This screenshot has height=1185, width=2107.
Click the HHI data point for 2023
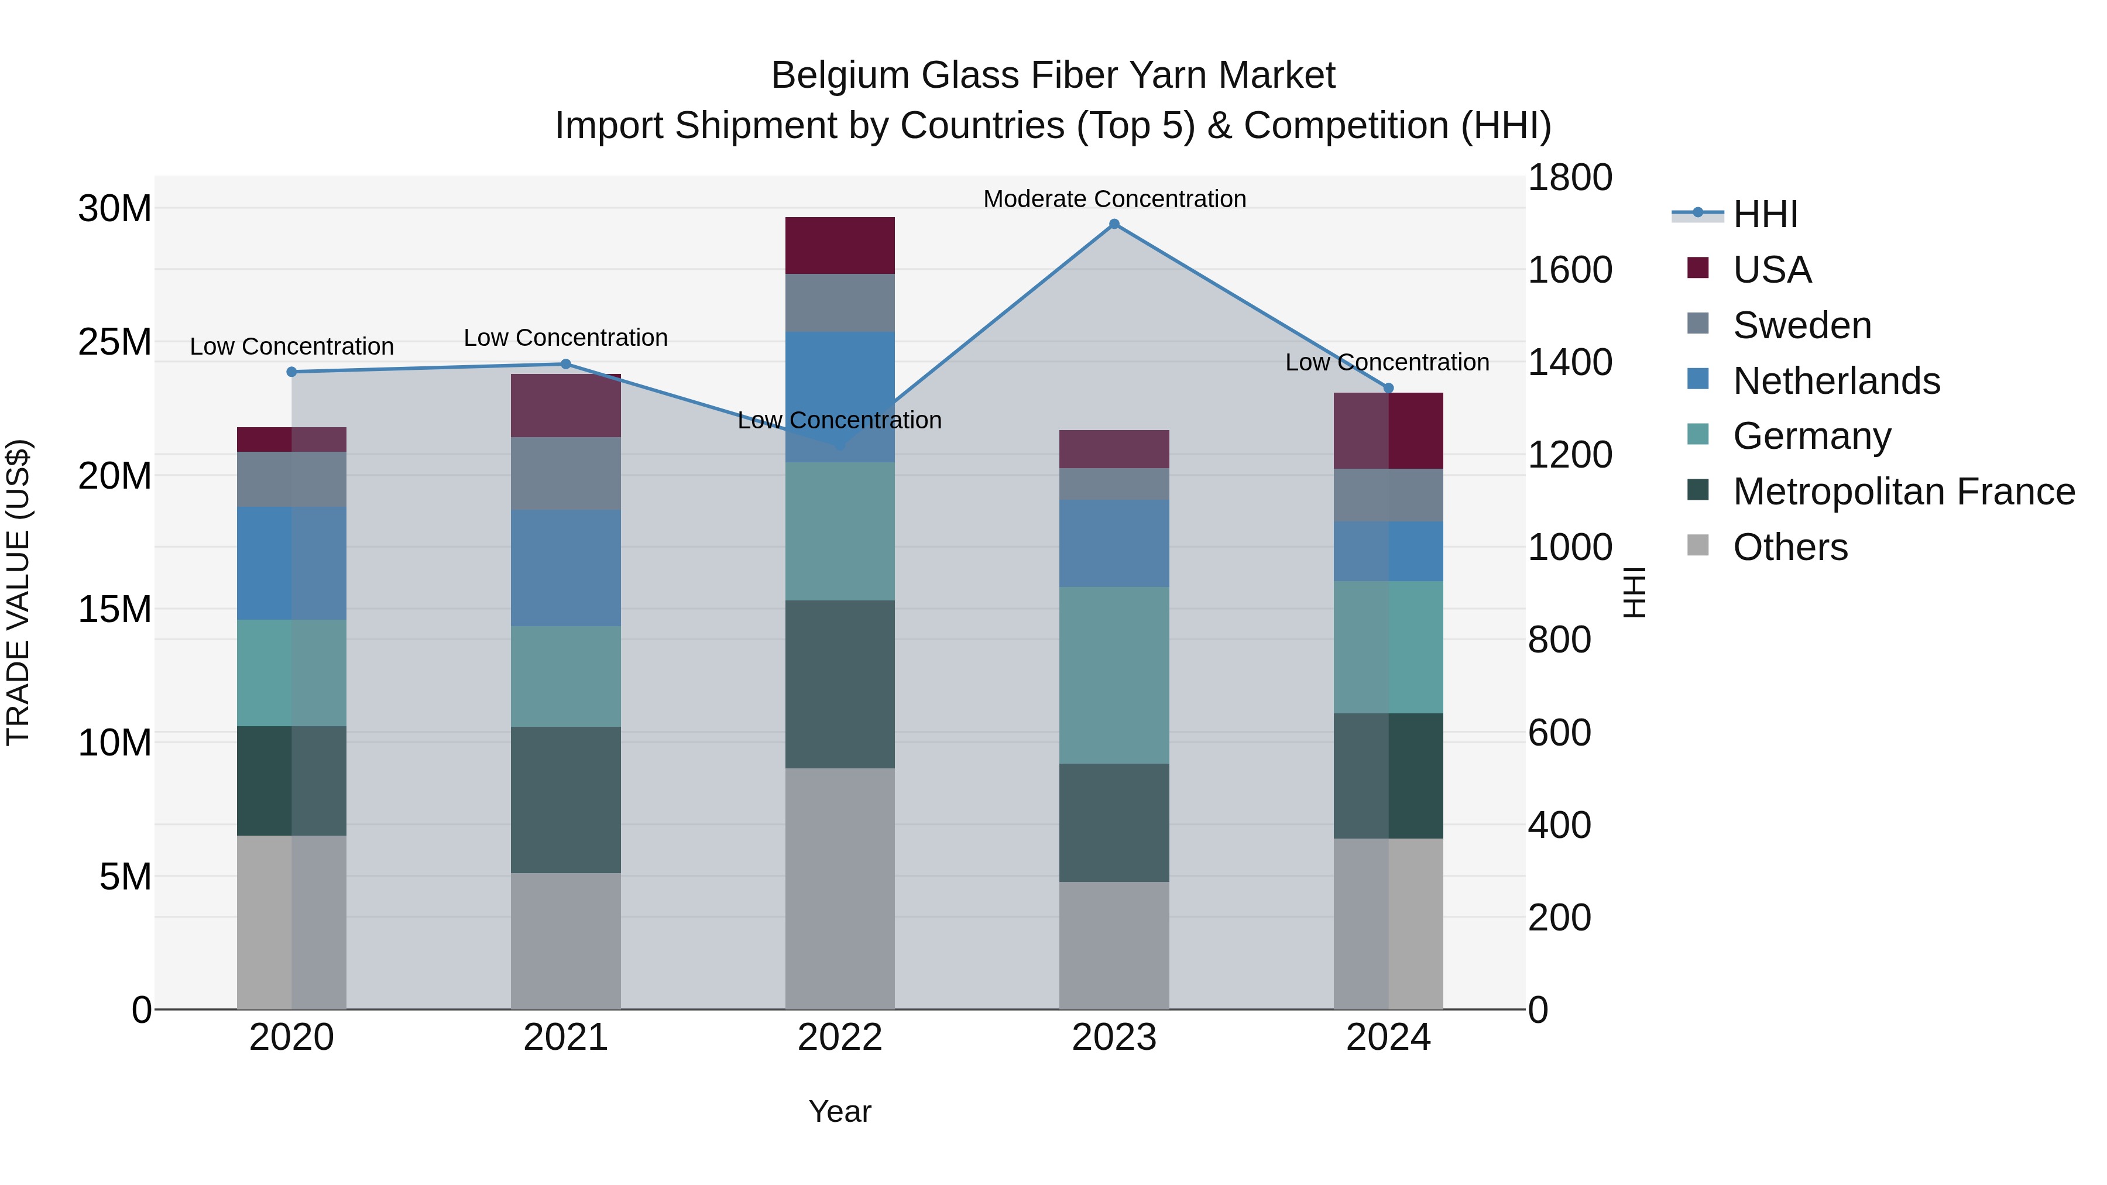point(1114,224)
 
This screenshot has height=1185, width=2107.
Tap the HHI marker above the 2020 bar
point(292,372)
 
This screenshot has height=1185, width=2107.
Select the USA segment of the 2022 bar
point(840,245)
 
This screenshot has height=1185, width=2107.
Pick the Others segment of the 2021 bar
point(566,940)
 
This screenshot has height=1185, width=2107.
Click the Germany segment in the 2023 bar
point(1114,675)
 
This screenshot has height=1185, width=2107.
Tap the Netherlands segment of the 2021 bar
point(566,568)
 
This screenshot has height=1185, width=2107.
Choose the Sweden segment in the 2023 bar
point(1114,484)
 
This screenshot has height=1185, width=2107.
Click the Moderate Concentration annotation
point(1114,199)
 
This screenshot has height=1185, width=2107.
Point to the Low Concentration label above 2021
point(566,338)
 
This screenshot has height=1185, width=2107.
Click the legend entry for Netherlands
point(1836,380)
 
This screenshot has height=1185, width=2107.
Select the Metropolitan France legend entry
point(1903,492)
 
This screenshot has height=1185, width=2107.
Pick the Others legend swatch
point(1698,545)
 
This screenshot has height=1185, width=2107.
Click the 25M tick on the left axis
point(115,342)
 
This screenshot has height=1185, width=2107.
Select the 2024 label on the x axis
point(1388,1038)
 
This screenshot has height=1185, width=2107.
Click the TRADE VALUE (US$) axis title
point(18,592)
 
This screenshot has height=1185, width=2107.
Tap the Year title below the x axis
point(840,1111)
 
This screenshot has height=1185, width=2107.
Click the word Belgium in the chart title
point(840,75)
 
